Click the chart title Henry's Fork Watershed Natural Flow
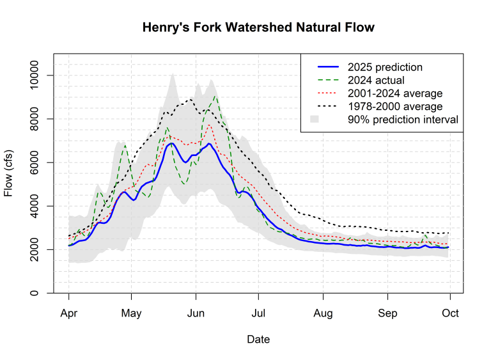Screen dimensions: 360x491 pyautogui.click(x=258, y=27)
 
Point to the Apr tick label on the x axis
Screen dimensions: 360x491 pyautogui.click(x=68, y=313)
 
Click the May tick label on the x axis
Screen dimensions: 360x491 pyautogui.click(x=131, y=313)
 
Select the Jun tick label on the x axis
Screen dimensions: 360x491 pyautogui.click(x=195, y=313)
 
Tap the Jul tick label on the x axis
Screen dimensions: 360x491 pyautogui.click(x=258, y=313)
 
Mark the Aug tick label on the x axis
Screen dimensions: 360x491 pyautogui.click(x=323, y=313)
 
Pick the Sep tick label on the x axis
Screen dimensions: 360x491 pyautogui.click(x=387, y=313)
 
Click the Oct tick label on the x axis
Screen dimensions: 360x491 pyautogui.click(x=450, y=313)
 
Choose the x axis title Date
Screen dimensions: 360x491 pyautogui.click(x=258, y=340)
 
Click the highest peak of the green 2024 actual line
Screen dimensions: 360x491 pyautogui.click(x=215, y=97)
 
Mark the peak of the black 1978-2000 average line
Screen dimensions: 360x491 pyautogui.click(x=190, y=99)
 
